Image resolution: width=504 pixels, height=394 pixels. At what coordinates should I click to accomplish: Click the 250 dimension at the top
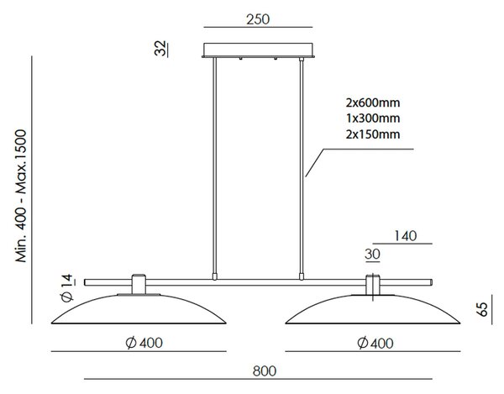258,19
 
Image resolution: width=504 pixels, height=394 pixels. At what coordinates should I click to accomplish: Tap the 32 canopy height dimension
160,48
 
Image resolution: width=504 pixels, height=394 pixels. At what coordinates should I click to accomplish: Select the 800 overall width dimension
265,370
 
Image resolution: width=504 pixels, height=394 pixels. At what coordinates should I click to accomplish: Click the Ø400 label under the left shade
144,343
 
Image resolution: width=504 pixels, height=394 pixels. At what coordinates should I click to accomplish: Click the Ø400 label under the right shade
375,344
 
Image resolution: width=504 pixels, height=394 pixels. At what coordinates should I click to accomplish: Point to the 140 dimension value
406,236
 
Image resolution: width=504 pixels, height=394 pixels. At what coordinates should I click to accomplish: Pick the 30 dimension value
372,255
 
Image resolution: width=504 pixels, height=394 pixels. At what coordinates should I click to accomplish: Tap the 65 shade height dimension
482,309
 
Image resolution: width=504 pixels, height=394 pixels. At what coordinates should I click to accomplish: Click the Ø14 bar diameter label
67,287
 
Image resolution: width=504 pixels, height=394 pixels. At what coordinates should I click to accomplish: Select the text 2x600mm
373,102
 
